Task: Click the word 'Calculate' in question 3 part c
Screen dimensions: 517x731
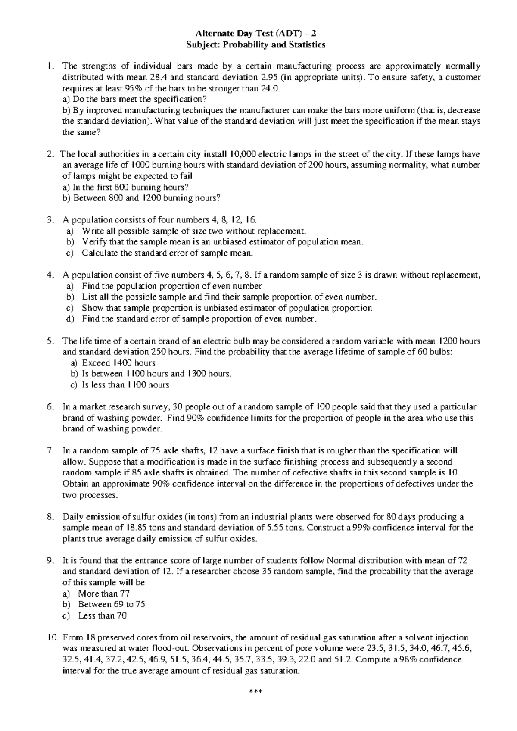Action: (x=100, y=253)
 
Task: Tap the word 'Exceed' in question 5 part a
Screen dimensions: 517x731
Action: (x=97, y=363)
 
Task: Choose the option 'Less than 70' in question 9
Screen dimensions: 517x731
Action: (x=102, y=615)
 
